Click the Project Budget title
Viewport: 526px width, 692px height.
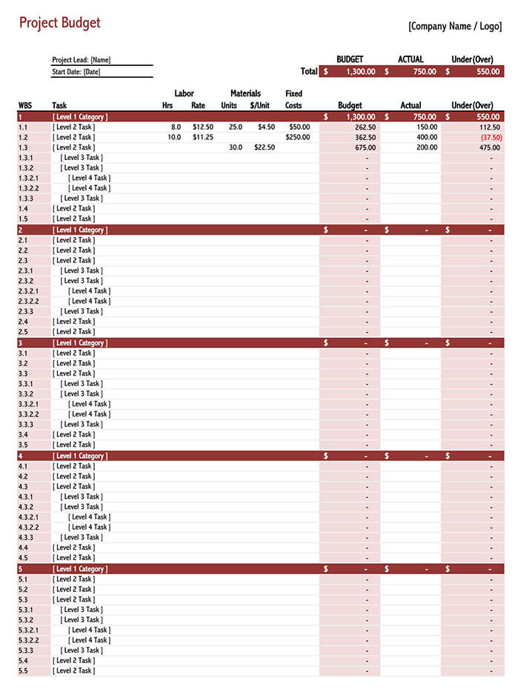59,23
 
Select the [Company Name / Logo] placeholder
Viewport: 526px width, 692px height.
455,27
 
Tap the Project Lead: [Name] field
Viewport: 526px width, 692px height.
81,60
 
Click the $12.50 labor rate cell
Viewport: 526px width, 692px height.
202,127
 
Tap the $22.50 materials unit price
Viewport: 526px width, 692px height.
264,147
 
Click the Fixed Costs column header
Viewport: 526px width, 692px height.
293,99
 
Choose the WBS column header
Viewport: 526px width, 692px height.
25,105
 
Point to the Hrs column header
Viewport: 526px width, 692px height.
167,105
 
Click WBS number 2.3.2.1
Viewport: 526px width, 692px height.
28,291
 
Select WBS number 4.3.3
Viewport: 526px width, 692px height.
25,537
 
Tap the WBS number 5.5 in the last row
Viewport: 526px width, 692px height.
22,671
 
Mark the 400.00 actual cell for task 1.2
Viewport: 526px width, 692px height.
427,137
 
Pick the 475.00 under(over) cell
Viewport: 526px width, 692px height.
490,147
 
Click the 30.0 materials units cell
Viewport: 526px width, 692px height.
235,147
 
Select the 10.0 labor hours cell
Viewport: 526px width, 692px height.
174,137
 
